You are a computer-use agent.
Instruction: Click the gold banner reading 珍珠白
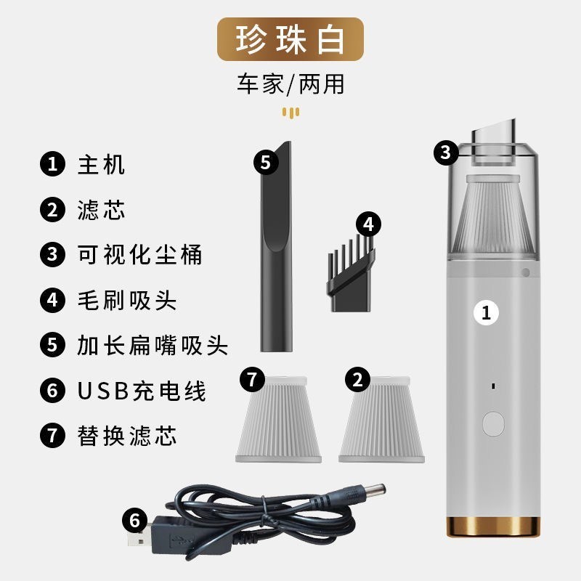pyautogui.click(x=290, y=39)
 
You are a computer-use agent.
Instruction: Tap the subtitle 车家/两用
pyautogui.click(x=291, y=84)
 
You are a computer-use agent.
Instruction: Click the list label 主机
pyautogui.click(x=101, y=165)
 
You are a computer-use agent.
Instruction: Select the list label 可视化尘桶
pyautogui.click(x=139, y=255)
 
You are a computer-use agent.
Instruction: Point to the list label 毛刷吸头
pyautogui.click(x=126, y=300)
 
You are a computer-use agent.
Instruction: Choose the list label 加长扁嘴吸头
pyautogui.click(x=153, y=346)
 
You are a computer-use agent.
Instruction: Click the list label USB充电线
pyautogui.click(x=142, y=391)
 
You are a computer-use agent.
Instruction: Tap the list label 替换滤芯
pyautogui.click(x=126, y=436)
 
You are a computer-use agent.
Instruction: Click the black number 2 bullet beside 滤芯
pyautogui.click(x=52, y=210)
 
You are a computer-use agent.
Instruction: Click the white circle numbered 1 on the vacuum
pyautogui.click(x=486, y=313)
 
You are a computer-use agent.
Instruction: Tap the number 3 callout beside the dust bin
pyautogui.click(x=446, y=153)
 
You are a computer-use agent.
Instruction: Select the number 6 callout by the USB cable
pyautogui.click(x=135, y=520)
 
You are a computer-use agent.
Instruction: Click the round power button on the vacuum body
pyautogui.click(x=493, y=424)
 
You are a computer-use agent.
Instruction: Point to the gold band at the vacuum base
pyautogui.click(x=493, y=527)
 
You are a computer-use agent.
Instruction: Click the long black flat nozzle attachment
pyautogui.click(x=276, y=246)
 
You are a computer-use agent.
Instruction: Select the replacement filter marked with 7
pyautogui.click(x=279, y=420)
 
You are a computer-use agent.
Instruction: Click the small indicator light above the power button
pyautogui.click(x=493, y=386)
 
